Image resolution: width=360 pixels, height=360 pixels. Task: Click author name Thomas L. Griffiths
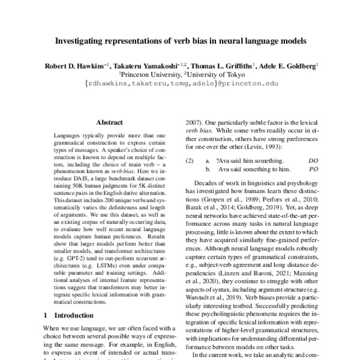tap(220, 64)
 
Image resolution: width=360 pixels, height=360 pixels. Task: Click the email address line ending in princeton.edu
tap(181, 83)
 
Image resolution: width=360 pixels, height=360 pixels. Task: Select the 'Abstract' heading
tap(109, 121)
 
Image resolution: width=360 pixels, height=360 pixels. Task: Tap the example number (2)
tap(190, 161)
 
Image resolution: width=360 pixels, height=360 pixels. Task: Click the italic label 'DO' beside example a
tap(313, 161)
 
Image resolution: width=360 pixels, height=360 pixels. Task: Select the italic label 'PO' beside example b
tap(313, 170)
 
